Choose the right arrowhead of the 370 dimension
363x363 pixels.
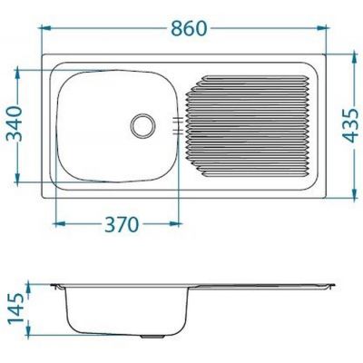184,221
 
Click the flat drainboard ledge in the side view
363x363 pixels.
263,285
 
